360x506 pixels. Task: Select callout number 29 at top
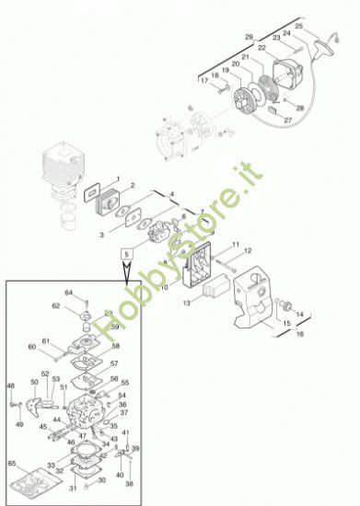pyautogui.click(x=249, y=37)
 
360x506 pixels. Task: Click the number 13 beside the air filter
pyautogui.click(x=186, y=301)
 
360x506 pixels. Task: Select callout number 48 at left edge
pyautogui.click(x=11, y=385)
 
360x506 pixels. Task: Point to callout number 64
pyautogui.click(x=68, y=293)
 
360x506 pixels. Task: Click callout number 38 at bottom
pyautogui.click(x=129, y=483)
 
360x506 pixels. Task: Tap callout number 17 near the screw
pyautogui.click(x=204, y=79)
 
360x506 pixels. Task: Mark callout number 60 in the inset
pyautogui.click(x=32, y=347)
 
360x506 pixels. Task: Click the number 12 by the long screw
pyautogui.click(x=247, y=250)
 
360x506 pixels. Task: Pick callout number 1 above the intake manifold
pyautogui.click(x=117, y=178)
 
